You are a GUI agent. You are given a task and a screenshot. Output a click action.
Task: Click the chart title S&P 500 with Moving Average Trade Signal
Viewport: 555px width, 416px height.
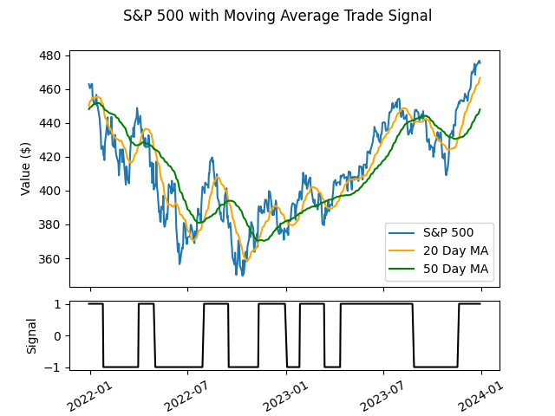coord(277,16)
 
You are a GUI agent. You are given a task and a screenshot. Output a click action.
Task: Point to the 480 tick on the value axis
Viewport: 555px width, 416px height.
coord(52,55)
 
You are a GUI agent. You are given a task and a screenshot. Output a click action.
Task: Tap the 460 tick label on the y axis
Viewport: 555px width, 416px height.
coord(52,89)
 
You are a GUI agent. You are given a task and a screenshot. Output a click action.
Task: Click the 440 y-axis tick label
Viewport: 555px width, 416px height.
coord(52,123)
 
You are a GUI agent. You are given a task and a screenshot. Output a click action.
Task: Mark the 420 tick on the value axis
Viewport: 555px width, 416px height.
coord(52,157)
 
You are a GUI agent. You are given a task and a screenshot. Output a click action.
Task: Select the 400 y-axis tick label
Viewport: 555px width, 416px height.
coord(52,191)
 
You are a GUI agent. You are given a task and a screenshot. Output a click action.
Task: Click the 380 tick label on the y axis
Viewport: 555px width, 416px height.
coord(52,224)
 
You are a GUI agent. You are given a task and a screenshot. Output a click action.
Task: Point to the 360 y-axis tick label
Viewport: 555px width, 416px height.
coord(52,258)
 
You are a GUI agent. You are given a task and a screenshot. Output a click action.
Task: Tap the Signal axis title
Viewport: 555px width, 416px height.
coord(32,335)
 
